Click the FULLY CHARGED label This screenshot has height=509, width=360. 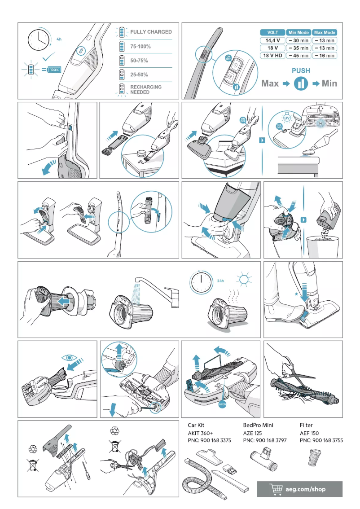(151, 32)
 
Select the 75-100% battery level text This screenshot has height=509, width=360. (140, 46)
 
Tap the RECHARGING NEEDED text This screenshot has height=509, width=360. (146, 89)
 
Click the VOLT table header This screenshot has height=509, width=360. (272, 32)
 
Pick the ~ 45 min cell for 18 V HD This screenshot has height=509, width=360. (298, 55)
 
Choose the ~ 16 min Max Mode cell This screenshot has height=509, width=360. (325, 55)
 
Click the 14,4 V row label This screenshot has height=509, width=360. (272, 40)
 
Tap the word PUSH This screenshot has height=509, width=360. (301, 70)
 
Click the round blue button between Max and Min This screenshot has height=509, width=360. (301, 83)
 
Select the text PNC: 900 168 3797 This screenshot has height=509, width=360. (264, 441)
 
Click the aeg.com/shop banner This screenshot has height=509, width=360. (299, 489)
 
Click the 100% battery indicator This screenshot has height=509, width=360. (54, 70)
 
